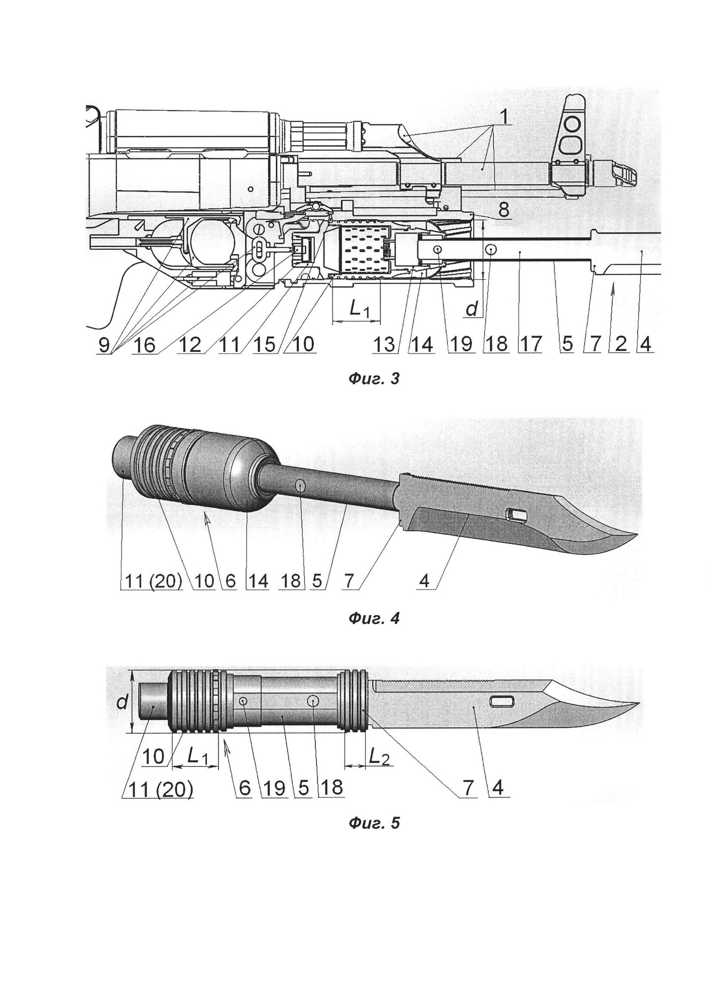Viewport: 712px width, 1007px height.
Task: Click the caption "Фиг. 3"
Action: click(x=374, y=379)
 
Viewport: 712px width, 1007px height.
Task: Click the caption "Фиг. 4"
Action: click(x=374, y=618)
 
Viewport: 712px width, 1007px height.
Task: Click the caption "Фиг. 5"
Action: click(x=374, y=823)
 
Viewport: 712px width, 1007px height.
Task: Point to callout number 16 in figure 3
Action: click(x=145, y=344)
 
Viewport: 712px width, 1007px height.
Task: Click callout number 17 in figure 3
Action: click(x=530, y=344)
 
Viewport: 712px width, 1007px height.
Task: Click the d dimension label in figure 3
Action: click(x=471, y=309)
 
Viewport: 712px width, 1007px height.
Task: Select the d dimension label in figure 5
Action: click(x=121, y=703)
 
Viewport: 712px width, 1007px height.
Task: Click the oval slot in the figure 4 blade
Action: click(x=517, y=515)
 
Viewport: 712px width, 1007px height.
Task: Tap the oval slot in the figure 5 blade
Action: click(x=502, y=702)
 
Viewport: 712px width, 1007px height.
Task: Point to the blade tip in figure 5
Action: click(x=639, y=704)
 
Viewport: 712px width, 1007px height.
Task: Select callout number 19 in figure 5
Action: click(x=274, y=788)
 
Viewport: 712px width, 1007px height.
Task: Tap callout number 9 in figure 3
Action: click(x=104, y=344)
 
